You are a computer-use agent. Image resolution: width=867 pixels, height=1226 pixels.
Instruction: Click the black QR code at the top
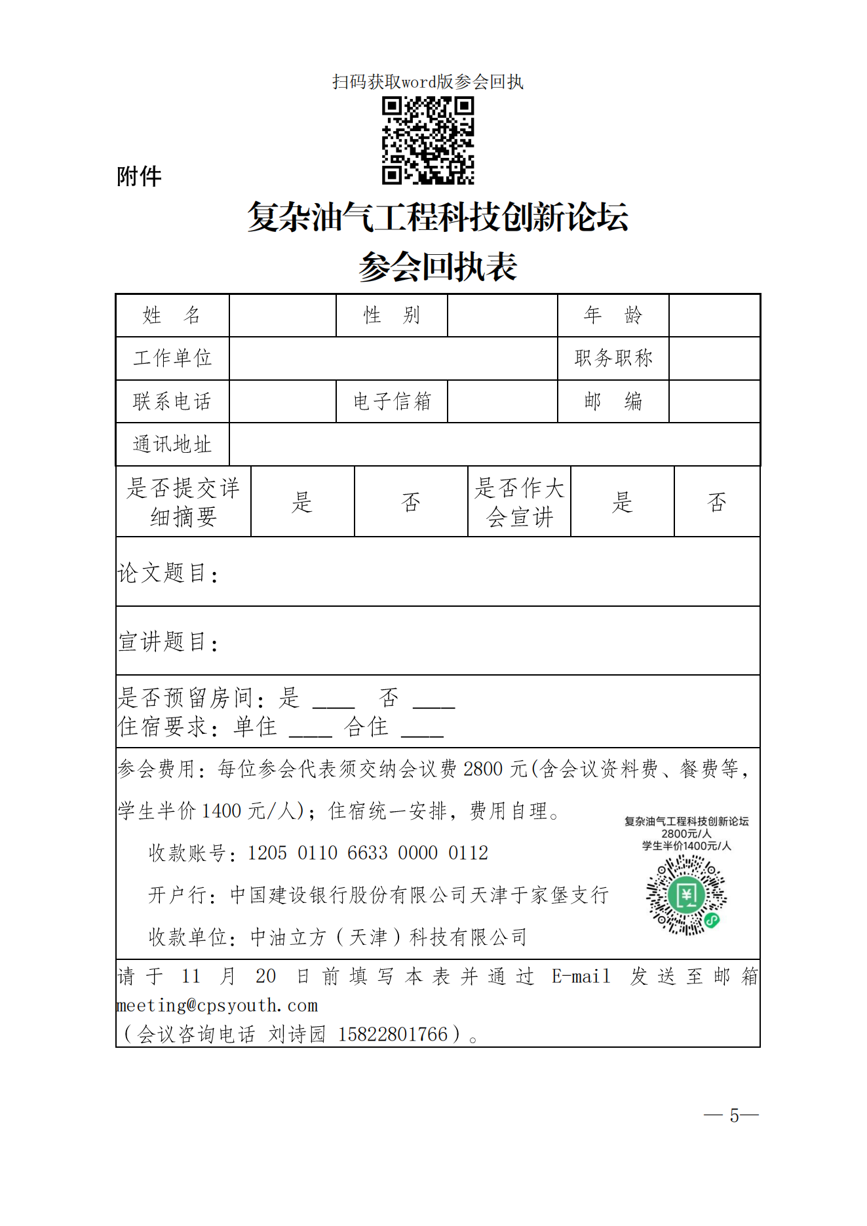[428, 140]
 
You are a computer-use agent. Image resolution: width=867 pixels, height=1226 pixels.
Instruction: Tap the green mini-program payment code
[686, 894]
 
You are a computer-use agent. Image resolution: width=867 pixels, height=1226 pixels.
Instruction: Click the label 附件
[139, 176]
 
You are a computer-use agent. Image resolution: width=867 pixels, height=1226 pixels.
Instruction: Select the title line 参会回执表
[438, 267]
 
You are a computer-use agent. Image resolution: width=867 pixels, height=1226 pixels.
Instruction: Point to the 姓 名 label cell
[172, 315]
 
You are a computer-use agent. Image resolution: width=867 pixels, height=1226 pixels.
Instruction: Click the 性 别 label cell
[391, 315]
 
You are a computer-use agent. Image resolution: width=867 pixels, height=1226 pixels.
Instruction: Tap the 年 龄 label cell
[613, 315]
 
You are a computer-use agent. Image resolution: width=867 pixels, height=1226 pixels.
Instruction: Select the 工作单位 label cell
[172, 358]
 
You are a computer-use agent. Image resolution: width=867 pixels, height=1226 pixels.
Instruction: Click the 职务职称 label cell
[613, 358]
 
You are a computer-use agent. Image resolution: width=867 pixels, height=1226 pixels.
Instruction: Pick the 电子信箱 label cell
[391, 401]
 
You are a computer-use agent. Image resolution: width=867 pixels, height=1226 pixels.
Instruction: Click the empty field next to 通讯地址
[494, 444]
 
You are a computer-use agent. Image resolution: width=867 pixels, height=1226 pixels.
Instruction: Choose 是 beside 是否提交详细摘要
[302, 502]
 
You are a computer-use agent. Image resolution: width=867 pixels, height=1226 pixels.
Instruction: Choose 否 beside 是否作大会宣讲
[716, 502]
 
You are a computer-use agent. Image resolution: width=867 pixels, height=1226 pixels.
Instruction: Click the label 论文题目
[168, 573]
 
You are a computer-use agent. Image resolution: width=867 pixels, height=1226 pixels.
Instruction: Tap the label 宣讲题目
[168, 642]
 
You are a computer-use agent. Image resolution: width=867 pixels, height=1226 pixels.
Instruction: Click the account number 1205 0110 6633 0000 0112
[367, 852]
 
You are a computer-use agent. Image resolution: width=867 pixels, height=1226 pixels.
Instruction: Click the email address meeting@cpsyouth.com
[217, 1005]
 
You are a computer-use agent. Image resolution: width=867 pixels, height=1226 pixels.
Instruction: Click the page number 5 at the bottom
[734, 1115]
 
